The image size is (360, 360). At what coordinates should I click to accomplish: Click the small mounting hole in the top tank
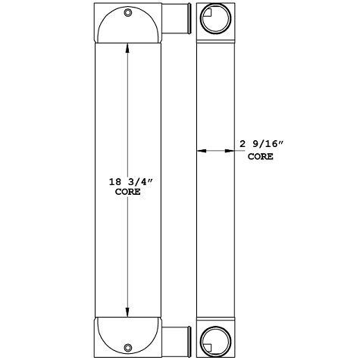(127, 13)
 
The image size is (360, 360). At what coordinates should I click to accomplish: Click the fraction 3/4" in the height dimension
(134, 182)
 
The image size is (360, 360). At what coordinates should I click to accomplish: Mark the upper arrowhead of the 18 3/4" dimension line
(127, 46)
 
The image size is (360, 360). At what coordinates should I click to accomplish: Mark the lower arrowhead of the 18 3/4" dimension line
(127, 311)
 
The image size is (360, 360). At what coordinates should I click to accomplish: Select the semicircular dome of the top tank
(127, 27)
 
